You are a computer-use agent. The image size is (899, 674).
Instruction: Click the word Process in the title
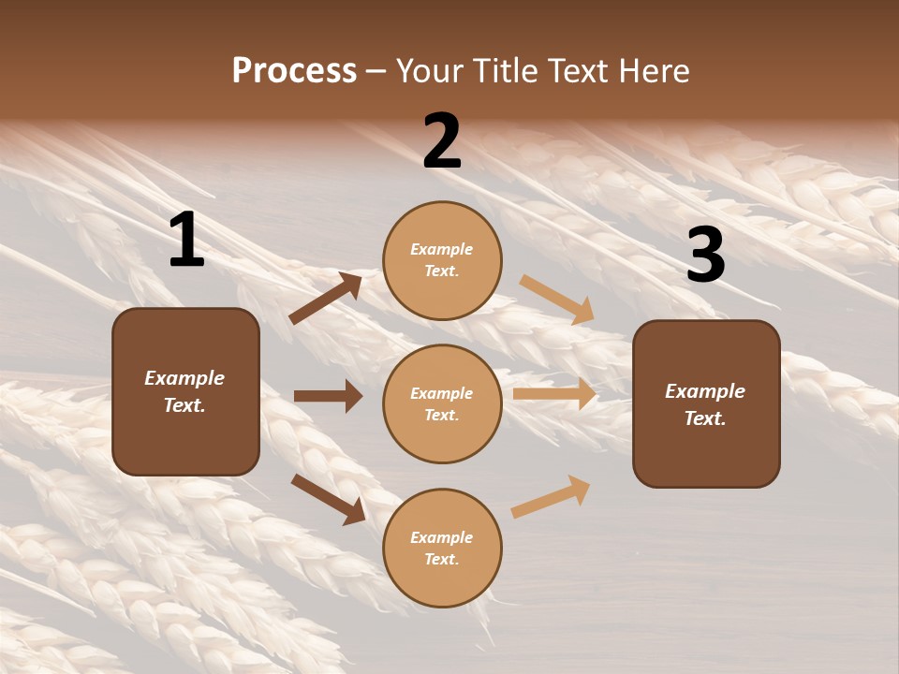click(294, 71)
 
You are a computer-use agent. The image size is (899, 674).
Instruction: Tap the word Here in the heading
click(652, 71)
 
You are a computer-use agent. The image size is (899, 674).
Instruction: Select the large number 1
click(186, 241)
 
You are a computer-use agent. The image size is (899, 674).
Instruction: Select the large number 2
click(442, 141)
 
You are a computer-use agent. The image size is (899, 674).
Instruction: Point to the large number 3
click(705, 255)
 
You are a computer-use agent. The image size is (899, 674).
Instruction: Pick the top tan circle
click(442, 260)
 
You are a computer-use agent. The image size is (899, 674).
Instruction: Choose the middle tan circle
click(442, 403)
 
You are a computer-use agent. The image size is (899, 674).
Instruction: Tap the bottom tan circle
click(442, 548)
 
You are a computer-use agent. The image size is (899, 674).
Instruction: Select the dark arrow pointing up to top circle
click(326, 299)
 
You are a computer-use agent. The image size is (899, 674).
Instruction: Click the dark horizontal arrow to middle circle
click(328, 396)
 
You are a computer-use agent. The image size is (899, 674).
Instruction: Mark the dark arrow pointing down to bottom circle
click(328, 499)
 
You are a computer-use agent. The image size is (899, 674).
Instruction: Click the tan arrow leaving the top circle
click(557, 299)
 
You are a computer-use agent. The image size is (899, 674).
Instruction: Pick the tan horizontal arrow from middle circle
click(554, 394)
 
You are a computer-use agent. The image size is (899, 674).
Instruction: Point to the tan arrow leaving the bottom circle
click(552, 497)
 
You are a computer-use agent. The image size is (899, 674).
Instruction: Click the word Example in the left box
click(184, 378)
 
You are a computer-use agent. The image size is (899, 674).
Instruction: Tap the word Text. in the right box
click(705, 418)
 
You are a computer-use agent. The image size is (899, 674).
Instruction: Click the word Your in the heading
click(428, 71)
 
